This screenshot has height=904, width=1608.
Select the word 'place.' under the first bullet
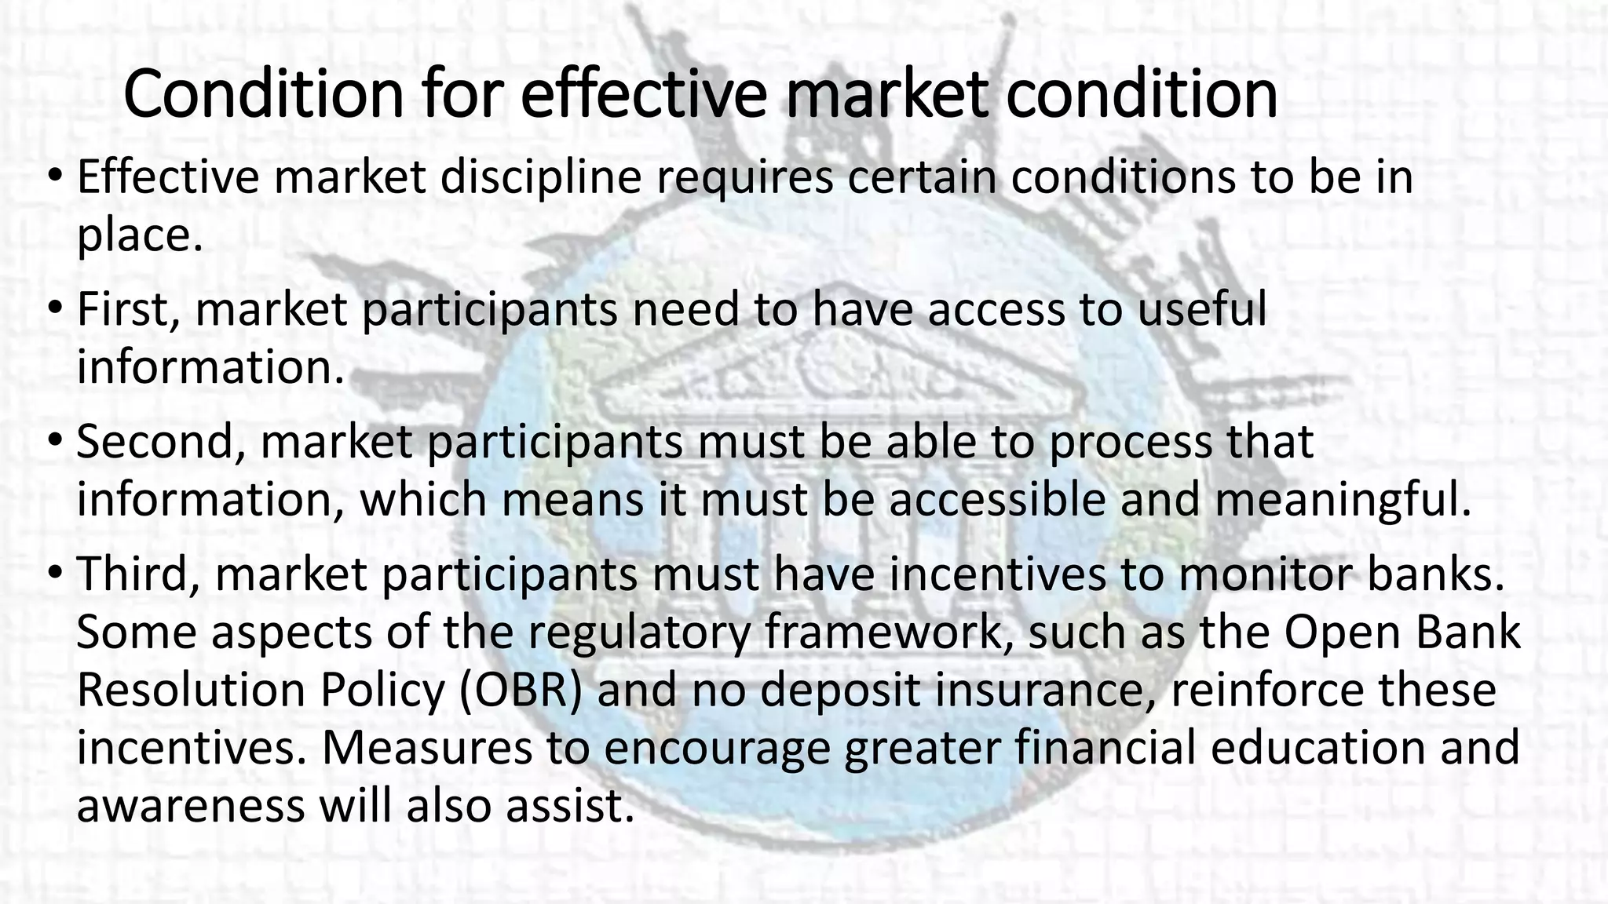(x=140, y=235)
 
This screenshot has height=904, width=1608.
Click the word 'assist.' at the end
(x=568, y=806)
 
